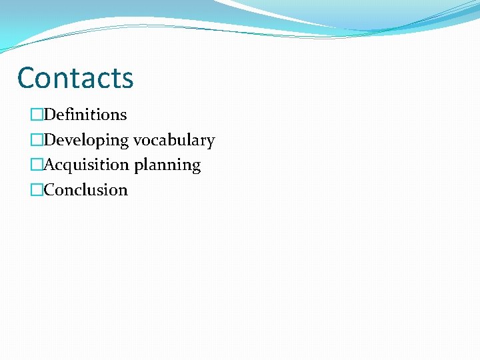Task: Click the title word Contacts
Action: [x=75, y=77]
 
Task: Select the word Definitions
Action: [x=85, y=115]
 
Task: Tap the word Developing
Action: [x=86, y=140]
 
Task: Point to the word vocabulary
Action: [x=174, y=140]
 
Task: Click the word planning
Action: [x=167, y=165]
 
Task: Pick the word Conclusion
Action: [x=85, y=190]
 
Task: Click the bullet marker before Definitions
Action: [x=37, y=115]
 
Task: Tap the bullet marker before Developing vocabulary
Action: [x=37, y=141]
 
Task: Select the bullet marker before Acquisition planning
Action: [x=37, y=165]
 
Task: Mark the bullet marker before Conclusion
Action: [x=37, y=191]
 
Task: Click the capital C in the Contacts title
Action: [x=26, y=77]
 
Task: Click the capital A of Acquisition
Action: [x=49, y=165]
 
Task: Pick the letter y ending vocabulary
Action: [x=211, y=142]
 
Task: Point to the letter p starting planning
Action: [x=138, y=166]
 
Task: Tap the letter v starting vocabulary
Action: [x=137, y=141]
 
